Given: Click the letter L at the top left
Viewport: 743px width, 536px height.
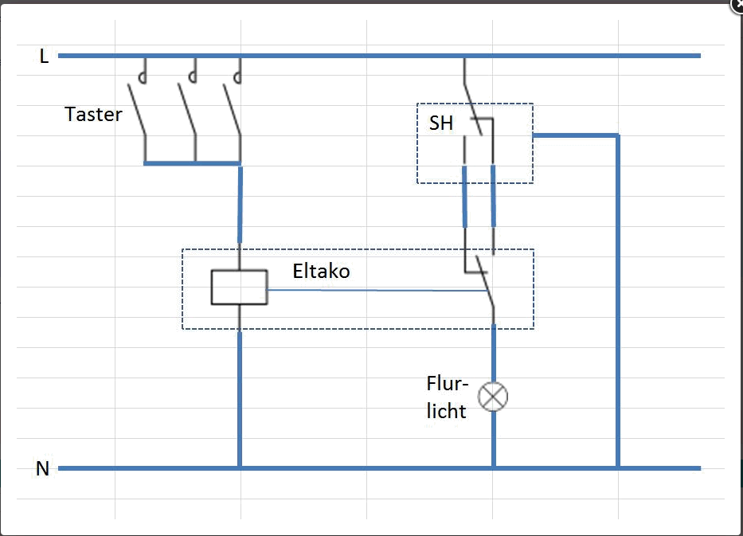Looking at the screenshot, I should click(x=44, y=56).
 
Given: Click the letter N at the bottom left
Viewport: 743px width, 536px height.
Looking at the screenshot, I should click(x=43, y=468).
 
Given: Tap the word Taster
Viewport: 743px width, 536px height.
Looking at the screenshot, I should click(x=94, y=114).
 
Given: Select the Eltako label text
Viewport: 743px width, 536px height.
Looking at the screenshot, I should click(x=321, y=272).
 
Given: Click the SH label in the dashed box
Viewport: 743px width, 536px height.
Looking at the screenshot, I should click(x=441, y=123).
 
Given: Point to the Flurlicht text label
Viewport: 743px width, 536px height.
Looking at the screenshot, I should click(x=446, y=397).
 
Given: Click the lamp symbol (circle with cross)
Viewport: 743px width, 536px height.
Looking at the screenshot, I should click(x=493, y=396).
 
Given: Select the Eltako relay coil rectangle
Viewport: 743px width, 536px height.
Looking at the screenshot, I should click(x=239, y=288).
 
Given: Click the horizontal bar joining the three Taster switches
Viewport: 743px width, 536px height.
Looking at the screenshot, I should click(x=192, y=163).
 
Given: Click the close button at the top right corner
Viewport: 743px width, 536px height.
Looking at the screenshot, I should click(x=737, y=4).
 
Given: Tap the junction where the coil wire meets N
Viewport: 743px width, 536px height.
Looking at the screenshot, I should click(x=239, y=468).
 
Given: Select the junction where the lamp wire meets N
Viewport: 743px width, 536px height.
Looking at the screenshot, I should click(x=493, y=468).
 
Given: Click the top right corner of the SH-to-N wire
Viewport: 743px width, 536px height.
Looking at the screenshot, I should click(x=617, y=136).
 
